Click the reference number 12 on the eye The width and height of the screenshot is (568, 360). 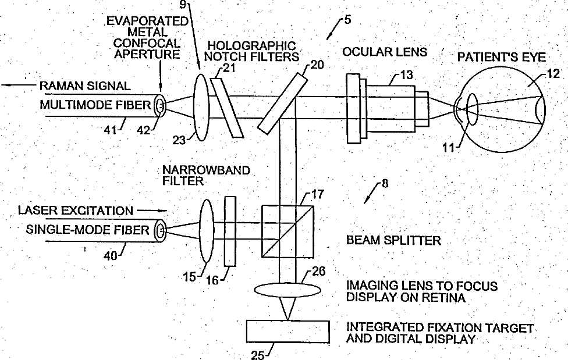[553, 74]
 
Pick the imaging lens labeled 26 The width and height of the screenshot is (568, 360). [288, 290]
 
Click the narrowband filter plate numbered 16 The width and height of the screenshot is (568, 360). [230, 231]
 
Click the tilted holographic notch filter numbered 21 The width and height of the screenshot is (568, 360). [226, 108]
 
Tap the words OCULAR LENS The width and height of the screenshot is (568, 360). [384, 52]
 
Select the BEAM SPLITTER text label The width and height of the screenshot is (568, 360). [393, 240]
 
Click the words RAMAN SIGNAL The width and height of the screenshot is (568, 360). [84, 86]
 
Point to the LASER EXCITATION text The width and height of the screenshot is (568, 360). [75, 209]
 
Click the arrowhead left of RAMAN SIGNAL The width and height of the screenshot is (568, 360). [5, 85]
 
